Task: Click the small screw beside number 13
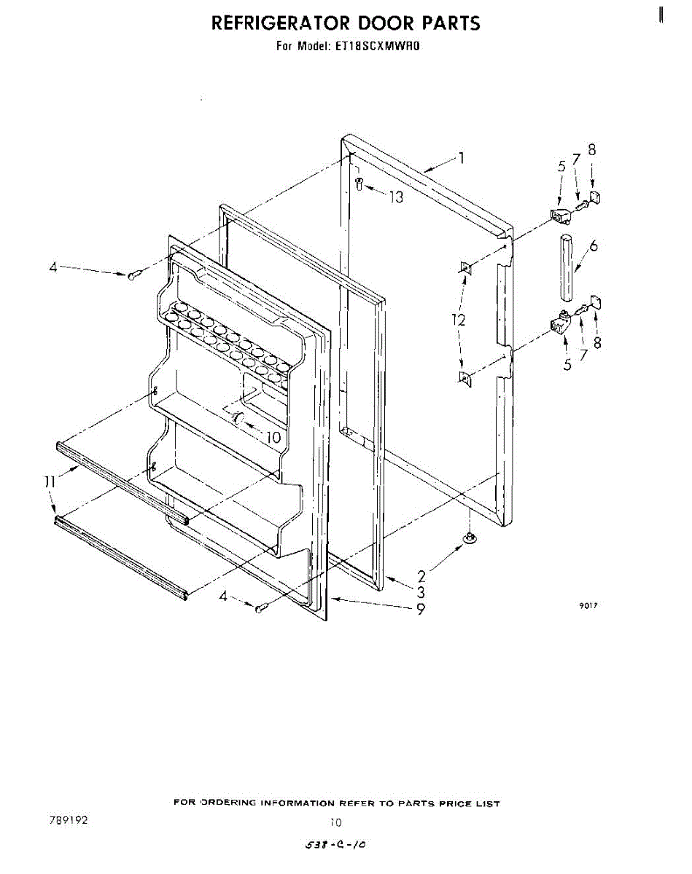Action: (359, 184)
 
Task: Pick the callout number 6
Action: (594, 246)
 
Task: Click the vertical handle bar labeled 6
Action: (568, 267)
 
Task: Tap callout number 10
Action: (273, 438)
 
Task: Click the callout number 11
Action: (49, 481)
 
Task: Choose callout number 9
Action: (421, 610)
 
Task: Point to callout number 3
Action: (421, 591)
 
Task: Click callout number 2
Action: (421, 575)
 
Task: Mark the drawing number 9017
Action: (588, 606)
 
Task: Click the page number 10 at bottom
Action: (335, 823)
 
